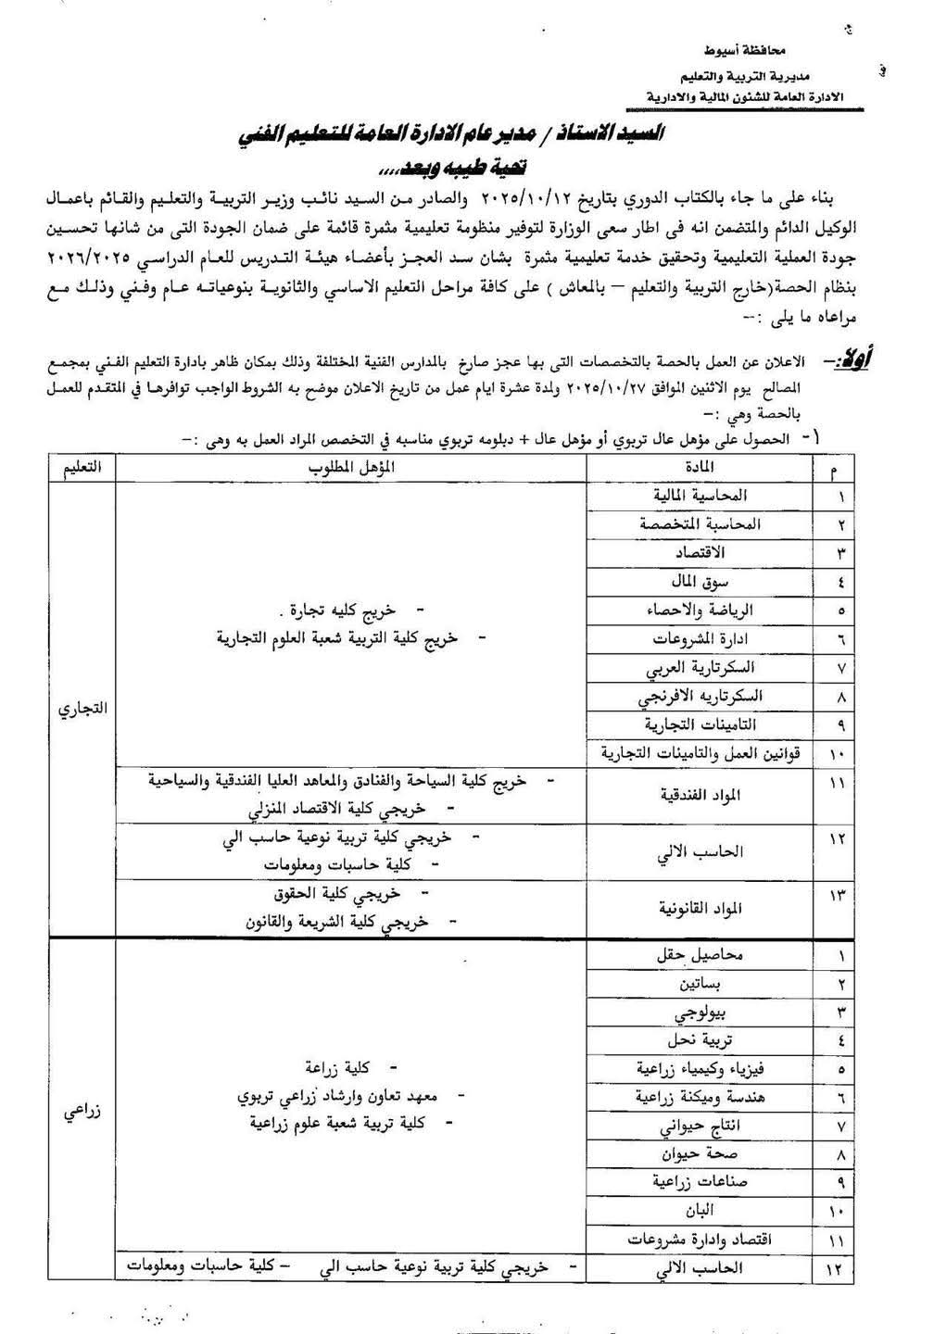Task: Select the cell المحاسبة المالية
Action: [712, 496]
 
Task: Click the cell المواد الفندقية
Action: [698, 795]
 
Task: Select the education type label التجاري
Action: [82, 710]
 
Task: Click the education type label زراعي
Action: [82, 1113]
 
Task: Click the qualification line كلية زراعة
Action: [324, 1067]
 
